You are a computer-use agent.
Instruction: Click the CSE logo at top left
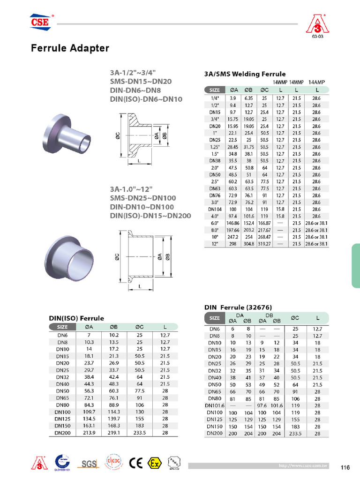click(40, 22)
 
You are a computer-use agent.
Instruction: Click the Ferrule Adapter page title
click(70, 48)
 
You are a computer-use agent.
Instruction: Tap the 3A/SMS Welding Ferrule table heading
click(245, 74)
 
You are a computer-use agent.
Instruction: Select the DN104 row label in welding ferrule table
click(215, 209)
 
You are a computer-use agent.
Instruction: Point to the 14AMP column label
click(317, 82)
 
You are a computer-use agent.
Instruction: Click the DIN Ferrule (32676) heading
click(238, 307)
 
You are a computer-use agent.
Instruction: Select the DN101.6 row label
click(215, 405)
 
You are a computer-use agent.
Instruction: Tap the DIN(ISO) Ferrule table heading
click(77, 318)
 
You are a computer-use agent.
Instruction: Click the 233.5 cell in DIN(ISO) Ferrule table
click(140, 433)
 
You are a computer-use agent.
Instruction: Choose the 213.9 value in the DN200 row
click(88, 433)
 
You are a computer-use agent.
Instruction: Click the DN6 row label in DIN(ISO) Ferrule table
click(62, 335)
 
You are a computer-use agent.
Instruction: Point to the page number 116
click(345, 467)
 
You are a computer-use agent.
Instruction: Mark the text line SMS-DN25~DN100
click(140, 198)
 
